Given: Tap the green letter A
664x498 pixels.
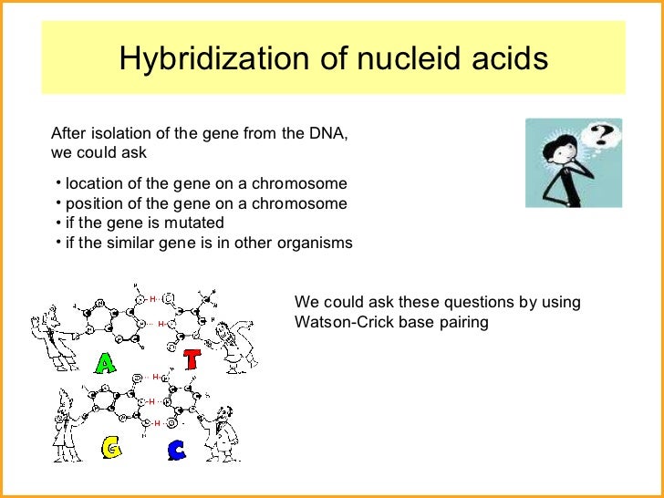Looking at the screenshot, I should click(106, 364).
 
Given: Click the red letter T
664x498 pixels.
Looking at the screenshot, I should click(191, 358).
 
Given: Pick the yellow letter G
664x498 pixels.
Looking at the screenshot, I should click(111, 448).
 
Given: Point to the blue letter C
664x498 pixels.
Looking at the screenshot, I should click(177, 449).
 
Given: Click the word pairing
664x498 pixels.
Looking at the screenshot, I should click(462, 322).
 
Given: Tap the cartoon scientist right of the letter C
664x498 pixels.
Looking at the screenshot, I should click(218, 428).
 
